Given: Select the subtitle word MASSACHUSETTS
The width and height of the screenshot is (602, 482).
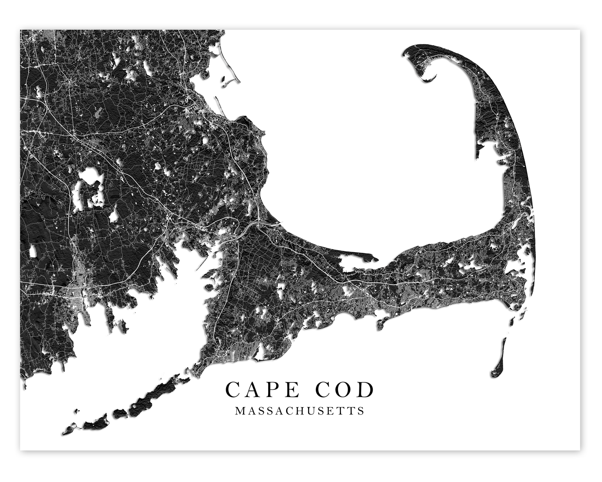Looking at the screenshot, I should coord(300,411).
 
